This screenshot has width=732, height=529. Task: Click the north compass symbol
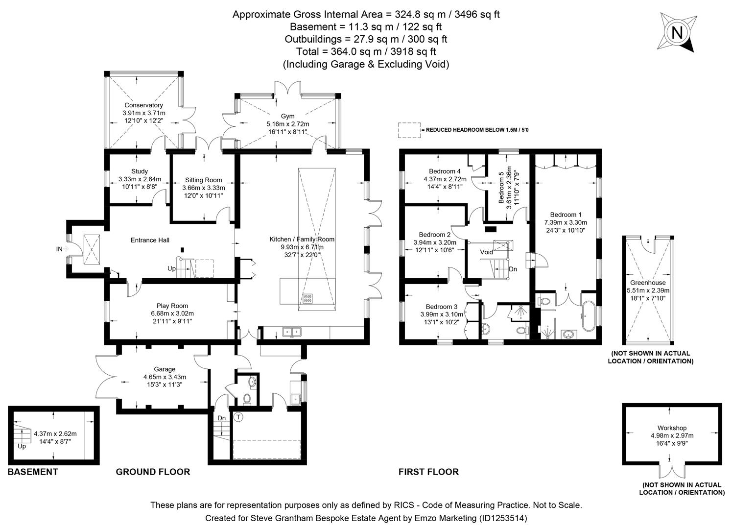pos(677,33)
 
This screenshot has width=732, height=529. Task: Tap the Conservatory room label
pos(143,105)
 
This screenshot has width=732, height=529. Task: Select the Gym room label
pos(287,116)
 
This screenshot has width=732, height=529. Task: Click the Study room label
pos(140,171)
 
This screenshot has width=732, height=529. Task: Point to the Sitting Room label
pos(203,180)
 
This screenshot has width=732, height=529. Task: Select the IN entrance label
pos(59,249)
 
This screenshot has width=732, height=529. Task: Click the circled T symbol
pos(238,417)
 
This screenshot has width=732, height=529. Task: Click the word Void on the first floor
pos(486,252)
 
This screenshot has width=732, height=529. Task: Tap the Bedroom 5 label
pos(501,188)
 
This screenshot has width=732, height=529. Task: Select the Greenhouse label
pos(648,283)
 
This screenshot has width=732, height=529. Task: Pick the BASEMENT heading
pos(33,472)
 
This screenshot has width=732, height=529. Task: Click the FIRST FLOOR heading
pos(428,472)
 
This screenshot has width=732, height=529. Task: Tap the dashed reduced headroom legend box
pos(409,130)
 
